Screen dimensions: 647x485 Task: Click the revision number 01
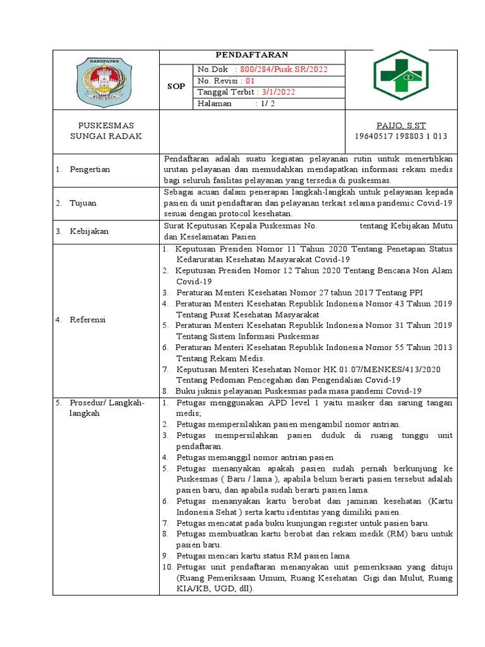click(x=249, y=81)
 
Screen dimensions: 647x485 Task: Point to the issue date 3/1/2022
click(x=278, y=92)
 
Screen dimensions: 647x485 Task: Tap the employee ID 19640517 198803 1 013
click(x=402, y=136)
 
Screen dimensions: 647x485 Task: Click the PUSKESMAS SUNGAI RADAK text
click(x=105, y=131)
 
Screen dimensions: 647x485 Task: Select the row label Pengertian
click(x=91, y=169)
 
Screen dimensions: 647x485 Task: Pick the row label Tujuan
click(x=83, y=203)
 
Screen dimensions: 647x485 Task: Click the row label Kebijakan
click(x=90, y=231)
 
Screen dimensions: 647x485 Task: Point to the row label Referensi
click(x=89, y=320)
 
